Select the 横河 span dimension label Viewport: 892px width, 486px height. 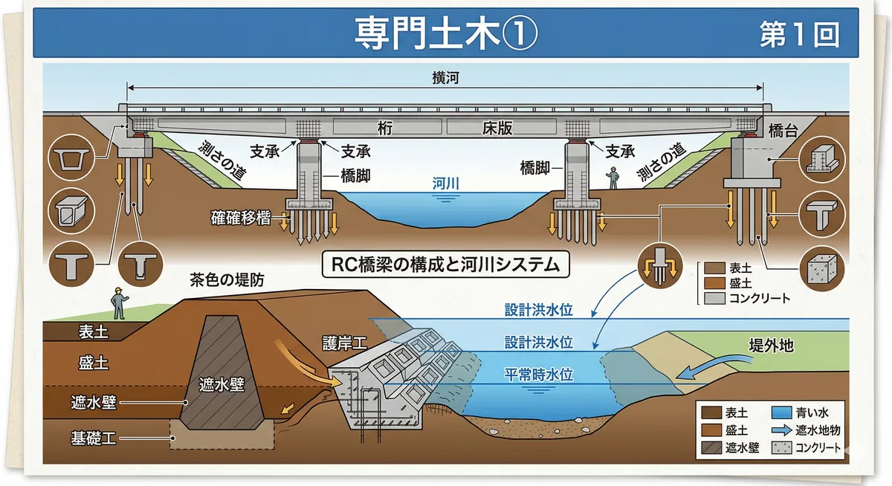point(445,77)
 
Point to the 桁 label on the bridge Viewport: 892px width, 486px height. point(384,128)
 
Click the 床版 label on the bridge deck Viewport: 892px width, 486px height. point(495,128)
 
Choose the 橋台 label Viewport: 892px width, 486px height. point(783,131)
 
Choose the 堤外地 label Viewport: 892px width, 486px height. point(770,346)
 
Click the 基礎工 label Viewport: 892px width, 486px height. point(94,437)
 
